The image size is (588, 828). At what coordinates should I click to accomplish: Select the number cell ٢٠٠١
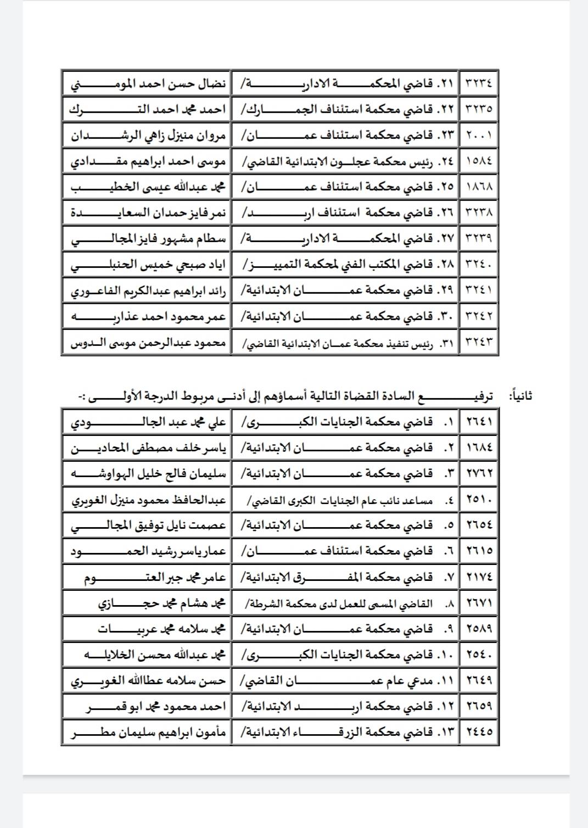[x=479, y=135]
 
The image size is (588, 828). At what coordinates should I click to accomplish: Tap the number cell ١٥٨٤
[x=479, y=161]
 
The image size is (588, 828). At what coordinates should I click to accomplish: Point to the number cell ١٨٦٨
[x=479, y=187]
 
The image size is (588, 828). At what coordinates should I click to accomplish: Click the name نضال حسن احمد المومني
[x=148, y=84]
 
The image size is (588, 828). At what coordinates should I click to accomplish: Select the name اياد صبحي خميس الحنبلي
[x=148, y=265]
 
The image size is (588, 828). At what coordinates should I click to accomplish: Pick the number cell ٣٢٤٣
[x=479, y=342]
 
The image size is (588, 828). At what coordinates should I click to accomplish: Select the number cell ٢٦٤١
[x=479, y=422]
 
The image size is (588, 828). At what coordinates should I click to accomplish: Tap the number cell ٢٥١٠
[x=479, y=499]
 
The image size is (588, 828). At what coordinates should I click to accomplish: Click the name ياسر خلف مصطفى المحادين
[x=148, y=449]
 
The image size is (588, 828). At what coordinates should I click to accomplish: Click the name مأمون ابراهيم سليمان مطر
[x=148, y=732]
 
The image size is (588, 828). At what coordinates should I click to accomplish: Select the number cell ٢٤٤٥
[x=479, y=732]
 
